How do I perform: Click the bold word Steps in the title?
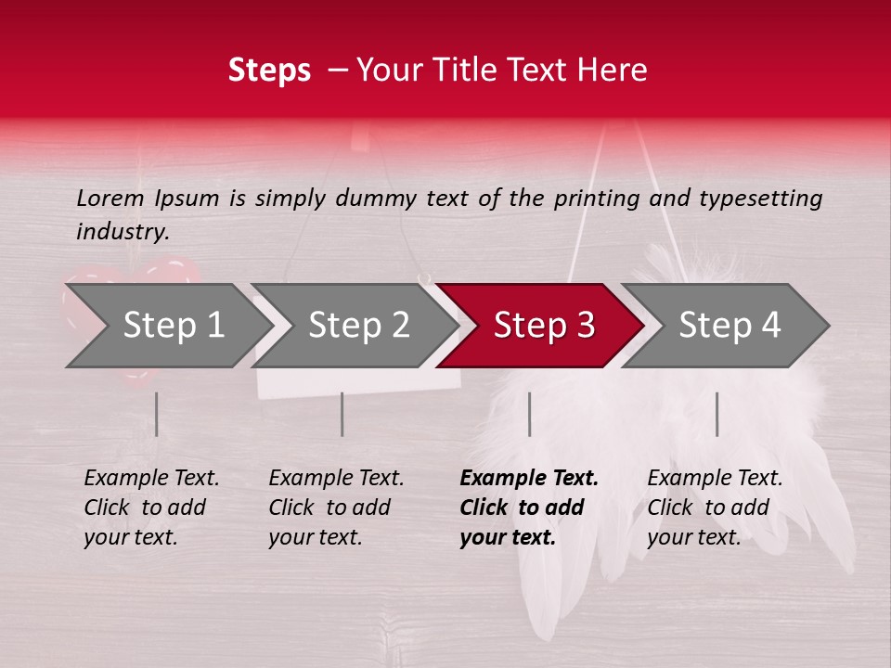269,71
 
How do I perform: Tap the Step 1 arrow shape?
173,326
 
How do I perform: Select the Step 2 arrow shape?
358,326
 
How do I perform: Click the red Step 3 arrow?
543,326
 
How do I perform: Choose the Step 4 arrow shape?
729,326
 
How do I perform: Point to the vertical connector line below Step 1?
156,414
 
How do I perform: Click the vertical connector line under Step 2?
342,414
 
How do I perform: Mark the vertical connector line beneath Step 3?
529,414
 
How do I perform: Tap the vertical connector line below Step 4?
717,414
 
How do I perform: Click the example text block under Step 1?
151,507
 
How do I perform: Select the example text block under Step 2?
336,507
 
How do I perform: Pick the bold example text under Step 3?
529,507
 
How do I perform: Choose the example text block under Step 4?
715,507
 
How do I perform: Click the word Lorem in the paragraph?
110,199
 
